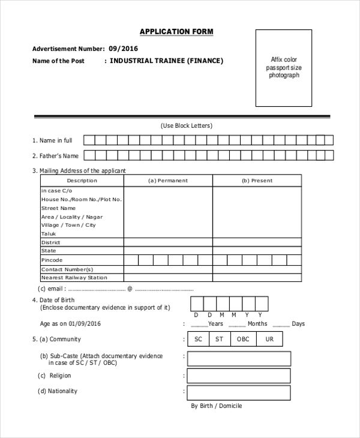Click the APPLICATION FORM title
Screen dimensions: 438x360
point(176,32)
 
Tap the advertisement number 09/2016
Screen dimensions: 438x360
point(124,49)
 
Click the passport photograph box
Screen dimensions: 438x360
point(284,68)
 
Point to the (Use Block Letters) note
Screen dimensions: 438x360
point(187,126)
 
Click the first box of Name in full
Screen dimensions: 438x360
point(89,140)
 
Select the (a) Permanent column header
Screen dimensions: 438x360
point(168,181)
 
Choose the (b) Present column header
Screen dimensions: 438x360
point(257,181)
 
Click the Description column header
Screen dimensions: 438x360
point(82,181)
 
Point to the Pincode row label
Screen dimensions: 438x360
point(52,260)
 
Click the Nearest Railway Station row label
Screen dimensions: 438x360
point(74,278)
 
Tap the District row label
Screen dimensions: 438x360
point(50,242)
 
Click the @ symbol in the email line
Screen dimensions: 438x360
point(130,289)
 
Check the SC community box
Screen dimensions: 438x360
point(198,340)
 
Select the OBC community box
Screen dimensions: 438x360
point(243,340)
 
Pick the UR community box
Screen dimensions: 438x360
point(269,340)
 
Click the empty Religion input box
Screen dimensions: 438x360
point(239,376)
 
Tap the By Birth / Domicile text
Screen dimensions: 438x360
point(217,406)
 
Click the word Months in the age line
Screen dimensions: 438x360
point(257,324)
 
